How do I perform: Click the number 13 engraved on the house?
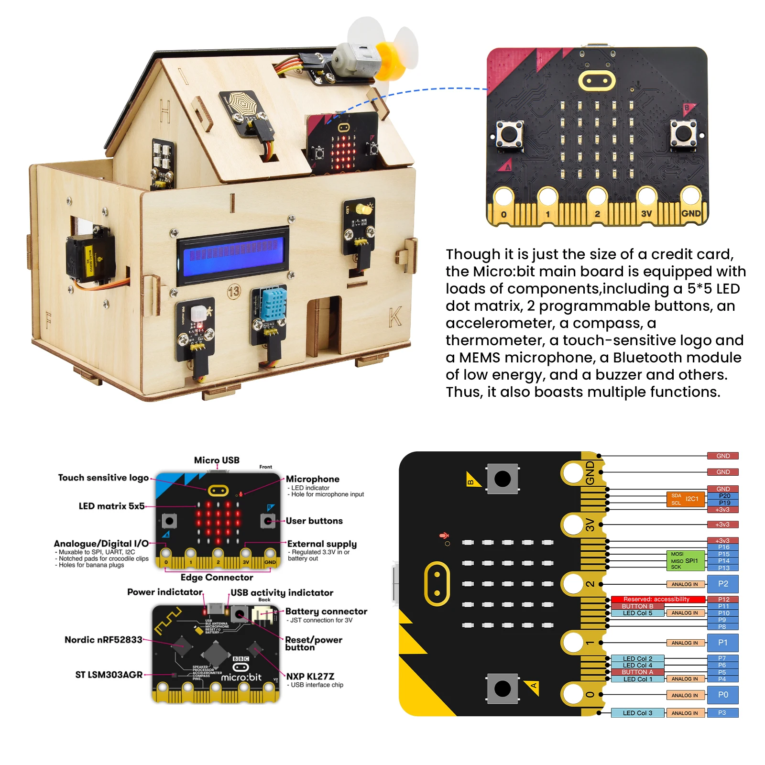234,291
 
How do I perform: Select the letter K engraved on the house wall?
395,317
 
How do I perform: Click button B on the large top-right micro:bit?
683,133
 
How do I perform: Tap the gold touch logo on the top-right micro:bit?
596,81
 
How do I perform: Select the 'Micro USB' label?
217,460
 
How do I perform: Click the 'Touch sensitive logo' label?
103,478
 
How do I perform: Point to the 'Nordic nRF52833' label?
103,640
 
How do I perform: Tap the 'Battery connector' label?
326,611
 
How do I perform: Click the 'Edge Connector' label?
217,577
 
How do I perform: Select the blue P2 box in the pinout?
723,584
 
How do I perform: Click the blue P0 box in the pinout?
723,695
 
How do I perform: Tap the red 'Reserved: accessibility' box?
658,599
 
